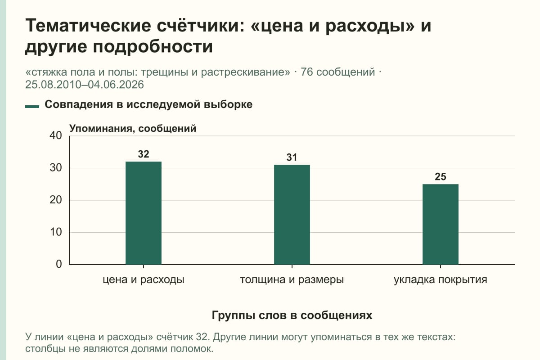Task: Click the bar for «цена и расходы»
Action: (144, 213)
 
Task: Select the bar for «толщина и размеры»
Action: (292, 215)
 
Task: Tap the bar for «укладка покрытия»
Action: (441, 224)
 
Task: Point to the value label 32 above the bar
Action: (144, 154)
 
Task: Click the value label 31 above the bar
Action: (292, 157)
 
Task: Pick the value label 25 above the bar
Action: (441, 177)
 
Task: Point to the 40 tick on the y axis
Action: (56, 135)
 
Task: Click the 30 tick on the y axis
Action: (56, 168)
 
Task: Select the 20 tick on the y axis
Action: (56, 200)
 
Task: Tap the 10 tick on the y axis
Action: (56, 232)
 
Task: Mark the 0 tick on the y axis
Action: (59, 264)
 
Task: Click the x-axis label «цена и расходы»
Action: (144, 280)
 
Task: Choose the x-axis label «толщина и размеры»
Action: (292, 280)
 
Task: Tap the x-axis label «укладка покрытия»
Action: (441, 280)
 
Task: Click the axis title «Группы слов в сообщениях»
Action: (292, 315)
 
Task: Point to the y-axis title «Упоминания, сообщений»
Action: (133, 129)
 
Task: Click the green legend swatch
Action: (32, 107)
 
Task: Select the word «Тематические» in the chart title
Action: (88, 26)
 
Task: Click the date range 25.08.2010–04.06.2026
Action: (85, 85)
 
